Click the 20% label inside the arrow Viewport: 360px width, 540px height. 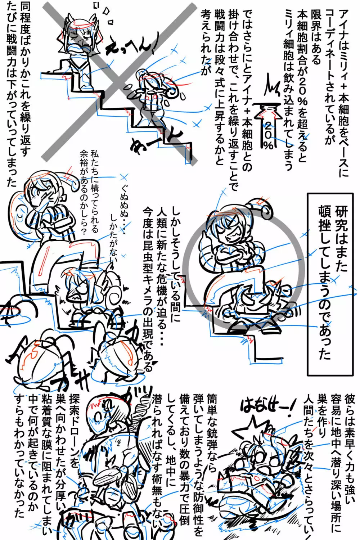[268, 135]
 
